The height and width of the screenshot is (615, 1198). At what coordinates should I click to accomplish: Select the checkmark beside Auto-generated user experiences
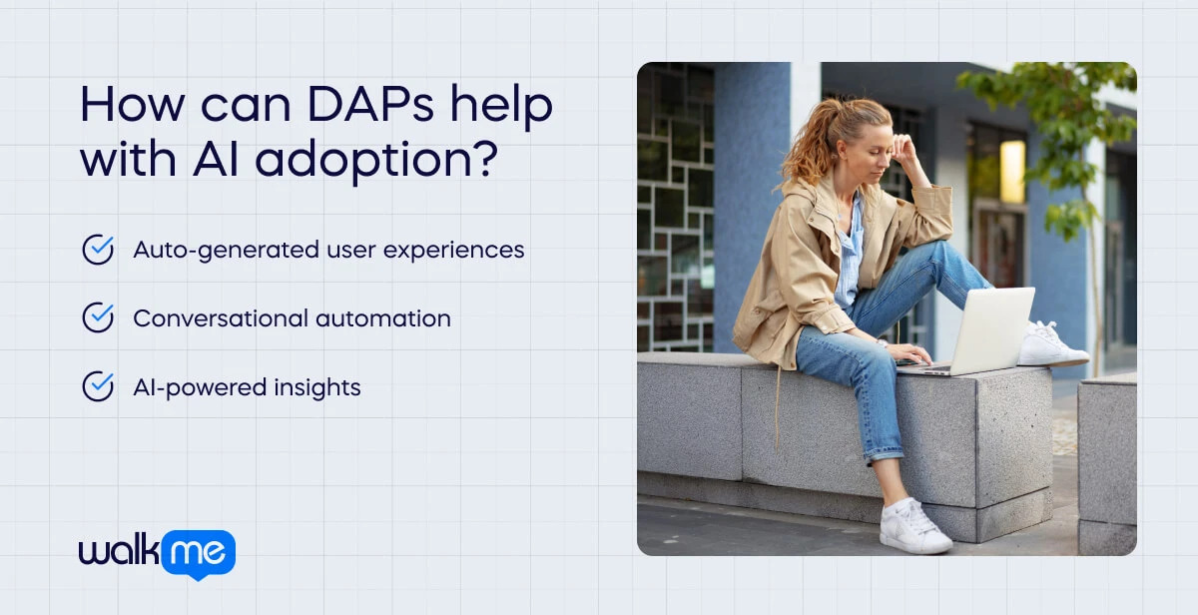tap(98, 250)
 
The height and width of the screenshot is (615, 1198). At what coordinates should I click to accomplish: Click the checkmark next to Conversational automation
tap(98, 317)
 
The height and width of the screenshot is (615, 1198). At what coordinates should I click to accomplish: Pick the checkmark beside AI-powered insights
tap(98, 386)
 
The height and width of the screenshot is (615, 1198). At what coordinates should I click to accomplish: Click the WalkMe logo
tap(157, 553)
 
